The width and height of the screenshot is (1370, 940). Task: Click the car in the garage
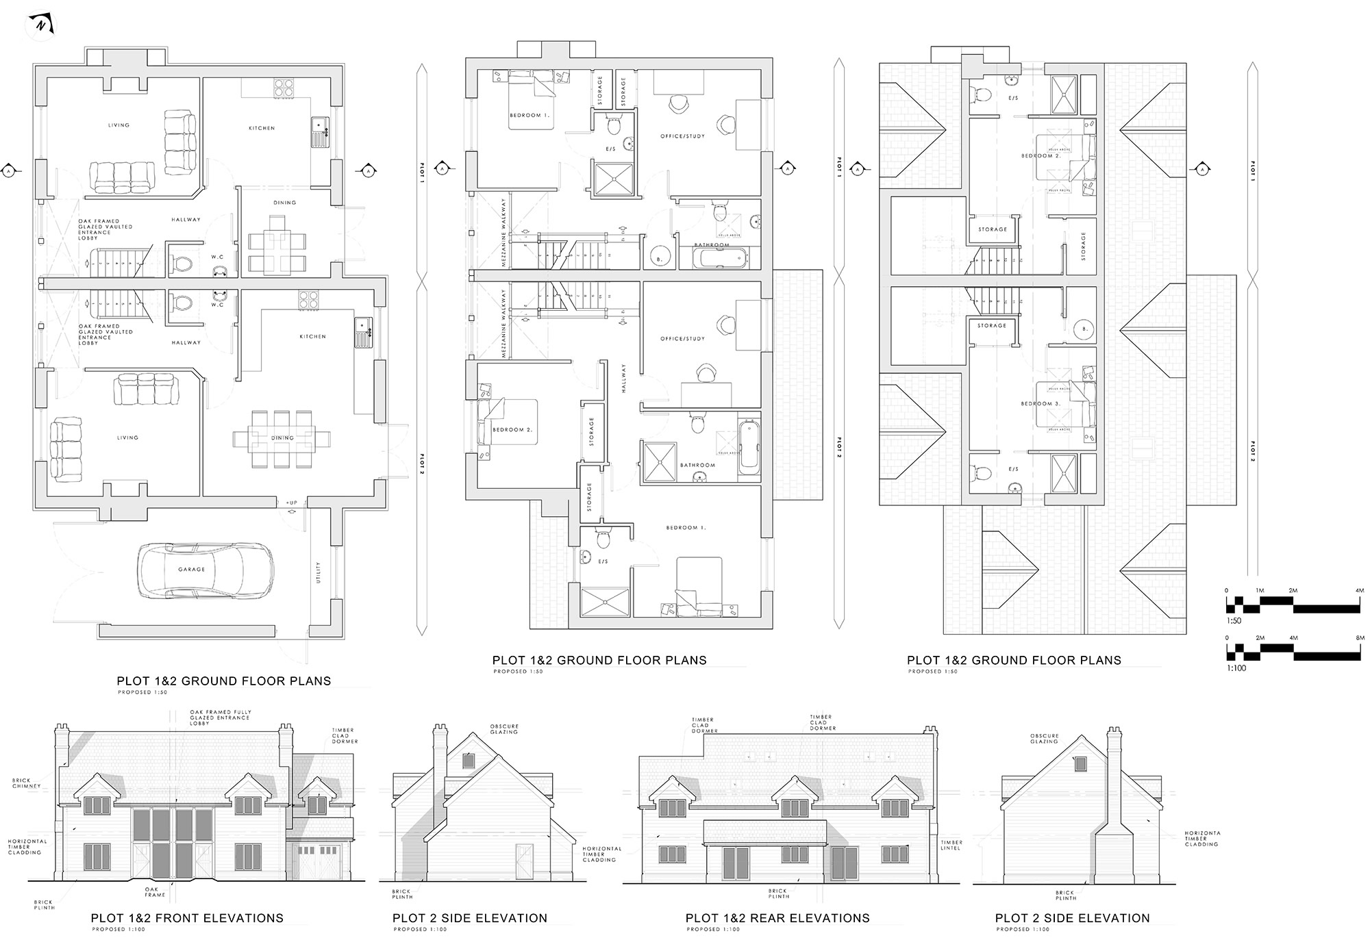206,570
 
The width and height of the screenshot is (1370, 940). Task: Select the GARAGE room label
191,570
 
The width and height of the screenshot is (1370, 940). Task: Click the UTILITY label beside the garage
319,572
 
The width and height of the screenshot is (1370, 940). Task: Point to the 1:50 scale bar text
1234,621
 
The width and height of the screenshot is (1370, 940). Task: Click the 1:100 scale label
1236,668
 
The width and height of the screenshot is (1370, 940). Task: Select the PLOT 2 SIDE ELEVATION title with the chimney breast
1072,918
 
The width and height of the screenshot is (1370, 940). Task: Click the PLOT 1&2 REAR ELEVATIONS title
777,918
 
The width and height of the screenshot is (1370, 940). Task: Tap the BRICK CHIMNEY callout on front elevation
27,783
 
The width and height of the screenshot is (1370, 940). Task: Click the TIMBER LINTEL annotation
951,845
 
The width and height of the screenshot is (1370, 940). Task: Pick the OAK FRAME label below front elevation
155,892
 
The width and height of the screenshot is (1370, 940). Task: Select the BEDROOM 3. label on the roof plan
1040,404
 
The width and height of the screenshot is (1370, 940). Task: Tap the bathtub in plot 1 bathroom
720,259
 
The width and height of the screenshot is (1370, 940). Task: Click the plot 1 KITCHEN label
262,128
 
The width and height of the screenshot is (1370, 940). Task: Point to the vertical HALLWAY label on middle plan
624,378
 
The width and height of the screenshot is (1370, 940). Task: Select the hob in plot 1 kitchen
284,88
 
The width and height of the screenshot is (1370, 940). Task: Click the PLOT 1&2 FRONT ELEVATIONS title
187,918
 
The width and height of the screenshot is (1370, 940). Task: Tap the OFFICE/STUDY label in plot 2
682,338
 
